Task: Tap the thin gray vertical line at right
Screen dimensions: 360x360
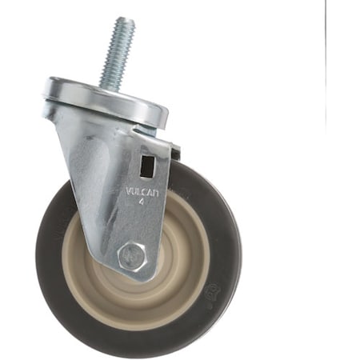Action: click(x=326, y=64)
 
